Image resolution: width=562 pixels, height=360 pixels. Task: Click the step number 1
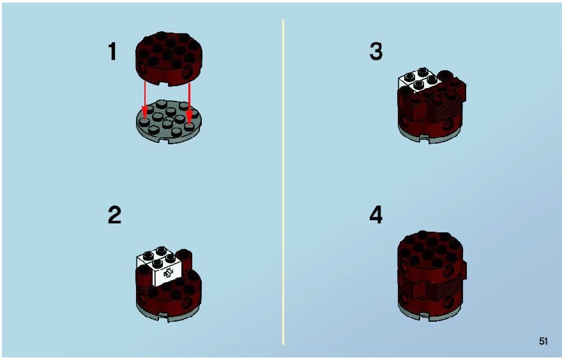click(x=112, y=51)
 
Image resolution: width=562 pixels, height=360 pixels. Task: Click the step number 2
click(x=114, y=215)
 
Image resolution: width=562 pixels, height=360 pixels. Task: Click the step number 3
click(x=376, y=51)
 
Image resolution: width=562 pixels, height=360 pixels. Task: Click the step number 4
click(x=376, y=215)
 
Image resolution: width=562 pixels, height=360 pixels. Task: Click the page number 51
click(x=543, y=341)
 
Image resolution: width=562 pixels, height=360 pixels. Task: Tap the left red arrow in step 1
click(x=145, y=101)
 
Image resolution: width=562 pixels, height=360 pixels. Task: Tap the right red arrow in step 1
click(x=189, y=101)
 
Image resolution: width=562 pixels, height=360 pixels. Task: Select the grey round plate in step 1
click(x=169, y=122)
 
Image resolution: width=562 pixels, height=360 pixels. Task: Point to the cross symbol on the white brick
click(x=168, y=273)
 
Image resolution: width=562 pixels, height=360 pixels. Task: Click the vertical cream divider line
click(x=283, y=182)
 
